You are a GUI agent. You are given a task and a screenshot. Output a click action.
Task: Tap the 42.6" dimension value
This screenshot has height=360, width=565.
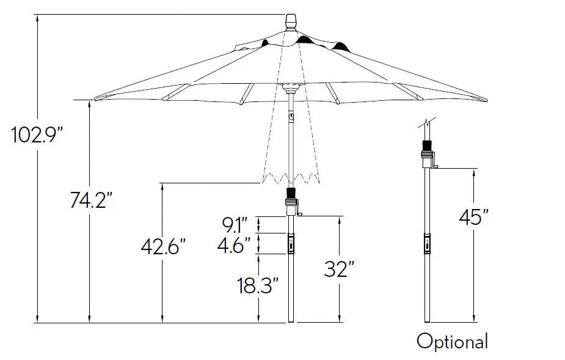pyautogui.click(x=162, y=247)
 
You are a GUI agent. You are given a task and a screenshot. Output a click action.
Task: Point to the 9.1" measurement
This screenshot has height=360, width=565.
pyautogui.click(x=235, y=225)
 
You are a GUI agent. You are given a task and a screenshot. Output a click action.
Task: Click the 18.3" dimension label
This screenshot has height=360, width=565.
pyautogui.click(x=257, y=285)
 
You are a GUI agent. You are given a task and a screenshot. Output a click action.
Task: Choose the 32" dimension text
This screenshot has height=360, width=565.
pyautogui.click(x=340, y=269)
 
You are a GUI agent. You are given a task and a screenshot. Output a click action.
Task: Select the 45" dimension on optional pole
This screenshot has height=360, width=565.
pyautogui.click(x=474, y=218)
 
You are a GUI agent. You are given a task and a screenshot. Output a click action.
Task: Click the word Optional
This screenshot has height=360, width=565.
pyautogui.click(x=452, y=341)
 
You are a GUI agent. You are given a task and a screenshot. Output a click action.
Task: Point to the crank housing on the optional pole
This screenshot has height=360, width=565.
pyautogui.click(x=427, y=153)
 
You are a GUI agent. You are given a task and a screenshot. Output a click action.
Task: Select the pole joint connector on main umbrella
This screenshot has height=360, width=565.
pyautogui.click(x=291, y=243)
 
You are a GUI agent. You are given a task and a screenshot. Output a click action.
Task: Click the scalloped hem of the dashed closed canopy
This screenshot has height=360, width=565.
pyautogui.click(x=291, y=178)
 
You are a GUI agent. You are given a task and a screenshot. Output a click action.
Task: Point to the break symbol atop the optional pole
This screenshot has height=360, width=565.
pyautogui.click(x=426, y=122)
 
